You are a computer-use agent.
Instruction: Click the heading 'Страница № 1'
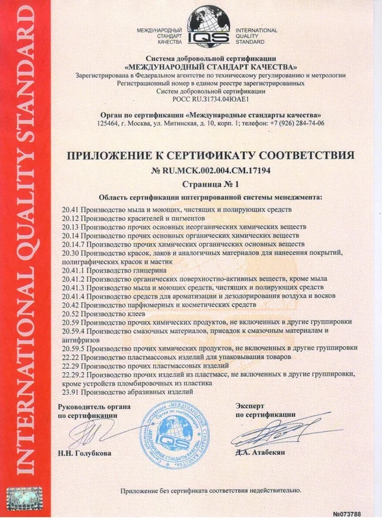[215, 184]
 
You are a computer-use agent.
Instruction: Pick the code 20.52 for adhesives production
[72, 312]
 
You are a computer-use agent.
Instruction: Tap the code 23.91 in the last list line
[72, 391]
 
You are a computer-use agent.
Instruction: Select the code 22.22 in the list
[72, 356]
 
